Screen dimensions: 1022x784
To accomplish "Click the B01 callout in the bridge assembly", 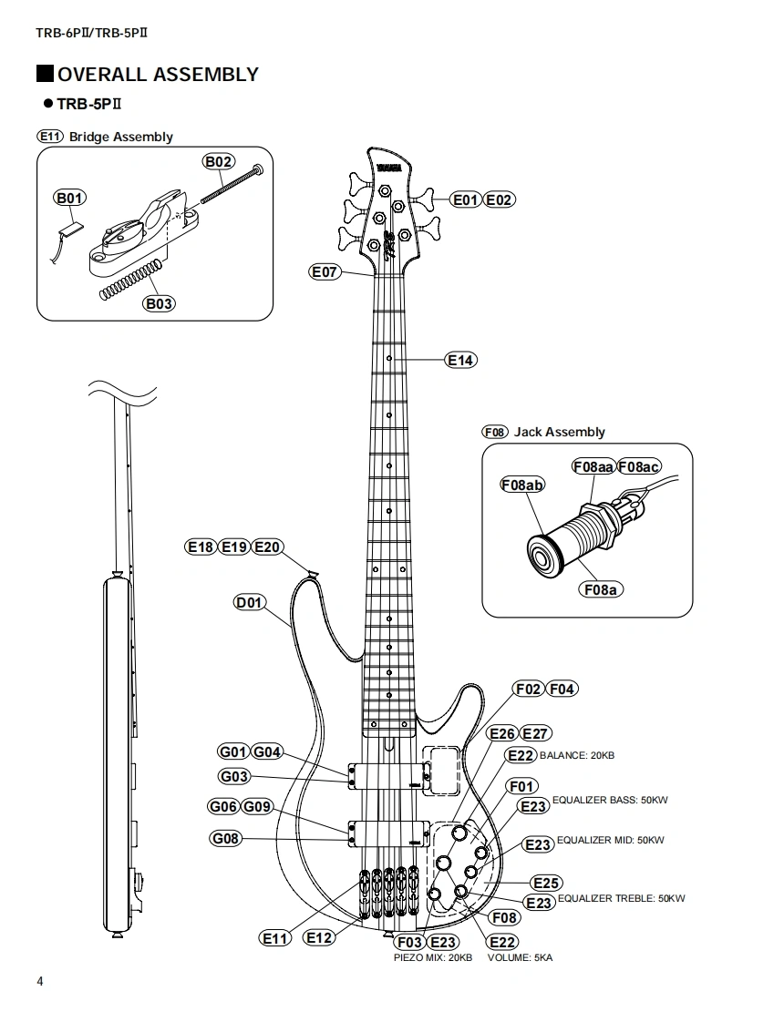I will coord(69,198).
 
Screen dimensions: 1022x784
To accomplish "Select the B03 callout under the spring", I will coord(159,303).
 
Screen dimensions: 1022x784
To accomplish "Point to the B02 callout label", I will coord(219,162).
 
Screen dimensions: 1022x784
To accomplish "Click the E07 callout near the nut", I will coord(325,271).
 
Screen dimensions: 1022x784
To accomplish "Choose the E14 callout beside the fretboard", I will coord(461,360).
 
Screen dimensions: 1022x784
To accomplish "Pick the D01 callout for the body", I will coord(249,602).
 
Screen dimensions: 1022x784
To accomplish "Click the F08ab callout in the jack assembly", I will coord(522,485).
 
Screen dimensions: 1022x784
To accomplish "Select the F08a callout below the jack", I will coord(600,589).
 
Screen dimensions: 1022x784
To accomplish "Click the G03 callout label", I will coord(234,777).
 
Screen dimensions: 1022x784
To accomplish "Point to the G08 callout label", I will coord(226,838).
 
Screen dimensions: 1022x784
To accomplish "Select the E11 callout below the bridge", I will coord(275,938).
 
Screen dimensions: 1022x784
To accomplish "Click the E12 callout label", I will coord(319,936).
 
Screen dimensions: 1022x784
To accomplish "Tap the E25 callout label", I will coord(546,883).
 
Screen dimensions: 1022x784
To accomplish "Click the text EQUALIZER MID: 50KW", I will coord(610,840).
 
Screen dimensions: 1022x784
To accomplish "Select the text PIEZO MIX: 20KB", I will coord(432,958).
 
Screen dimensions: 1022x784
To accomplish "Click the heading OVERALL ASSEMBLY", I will coord(158,75).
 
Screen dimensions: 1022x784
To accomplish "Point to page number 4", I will coord(39,981).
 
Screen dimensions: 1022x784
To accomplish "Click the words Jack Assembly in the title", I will coord(559,432).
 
